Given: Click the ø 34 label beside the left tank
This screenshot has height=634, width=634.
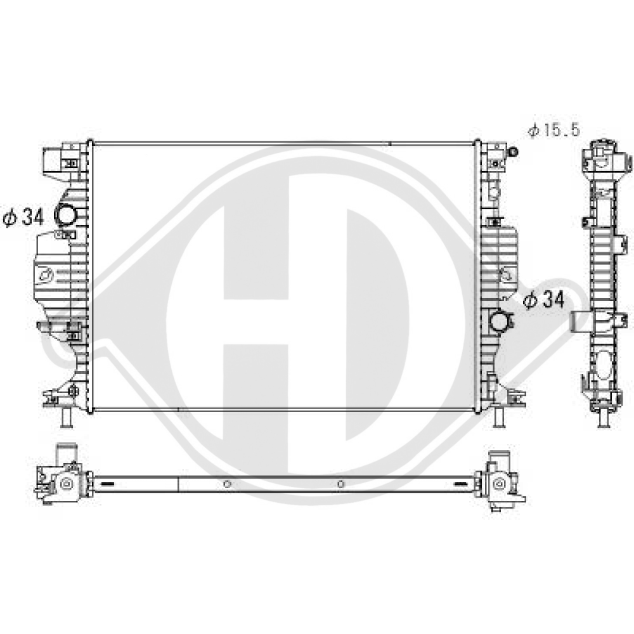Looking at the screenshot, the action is click(x=23, y=217).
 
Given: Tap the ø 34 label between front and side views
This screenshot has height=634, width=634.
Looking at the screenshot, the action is click(x=544, y=300).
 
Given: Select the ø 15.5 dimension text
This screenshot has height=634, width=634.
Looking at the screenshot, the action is click(x=554, y=130).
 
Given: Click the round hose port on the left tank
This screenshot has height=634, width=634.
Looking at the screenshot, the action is click(x=65, y=214).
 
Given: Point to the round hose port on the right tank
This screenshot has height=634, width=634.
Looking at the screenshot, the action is click(x=500, y=321).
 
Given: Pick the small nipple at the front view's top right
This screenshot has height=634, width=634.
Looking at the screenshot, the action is click(x=513, y=152).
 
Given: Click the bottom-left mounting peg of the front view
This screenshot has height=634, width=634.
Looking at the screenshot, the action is click(x=67, y=418).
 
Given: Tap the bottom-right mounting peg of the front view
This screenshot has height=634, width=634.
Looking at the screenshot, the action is click(x=500, y=417).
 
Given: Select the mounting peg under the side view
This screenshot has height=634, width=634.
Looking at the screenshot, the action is click(x=604, y=419).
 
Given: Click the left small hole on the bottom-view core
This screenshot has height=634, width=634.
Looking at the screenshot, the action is click(x=227, y=484).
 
